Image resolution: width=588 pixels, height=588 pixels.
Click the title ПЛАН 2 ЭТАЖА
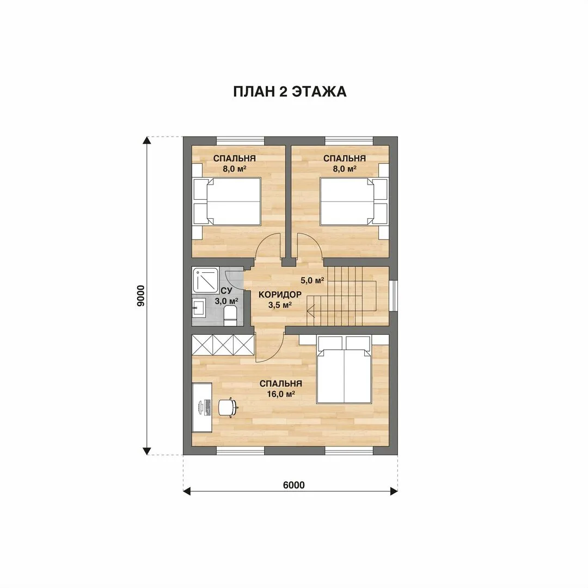(x=290, y=92)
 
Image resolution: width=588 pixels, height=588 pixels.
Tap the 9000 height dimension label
(x=140, y=296)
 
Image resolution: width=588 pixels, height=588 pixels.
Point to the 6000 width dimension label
(x=293, y=485)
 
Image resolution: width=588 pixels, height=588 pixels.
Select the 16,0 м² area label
(x=281, y=394)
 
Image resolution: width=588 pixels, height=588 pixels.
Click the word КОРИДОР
(x=280, y=295)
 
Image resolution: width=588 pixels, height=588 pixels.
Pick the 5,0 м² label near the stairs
(x=312, y=280)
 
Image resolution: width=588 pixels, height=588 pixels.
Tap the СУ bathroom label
(x=226, y=291)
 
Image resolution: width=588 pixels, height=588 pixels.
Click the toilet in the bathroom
(x=230, y=315)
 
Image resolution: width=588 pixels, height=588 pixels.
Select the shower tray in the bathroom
(x=205, y=279)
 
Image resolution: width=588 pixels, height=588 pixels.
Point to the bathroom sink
(x=198, y=308)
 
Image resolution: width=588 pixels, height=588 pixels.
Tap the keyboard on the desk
(x=205, y=408)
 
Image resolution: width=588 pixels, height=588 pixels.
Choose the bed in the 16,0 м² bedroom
(x=344, y=369)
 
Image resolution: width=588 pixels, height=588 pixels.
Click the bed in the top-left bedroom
(x=227, y=201)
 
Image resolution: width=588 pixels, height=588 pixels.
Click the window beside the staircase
(x=394, y=296)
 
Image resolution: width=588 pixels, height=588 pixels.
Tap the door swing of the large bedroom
(x=269, y=348)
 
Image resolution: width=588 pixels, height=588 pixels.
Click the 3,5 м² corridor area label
(x=280, y=305)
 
